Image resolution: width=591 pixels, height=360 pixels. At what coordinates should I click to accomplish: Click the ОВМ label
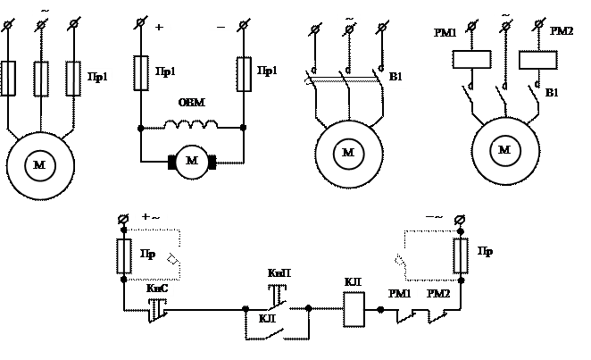(192, 105)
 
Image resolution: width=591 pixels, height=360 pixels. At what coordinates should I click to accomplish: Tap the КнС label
(158, 288)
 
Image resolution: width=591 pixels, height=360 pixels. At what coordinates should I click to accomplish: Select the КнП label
(279, 272)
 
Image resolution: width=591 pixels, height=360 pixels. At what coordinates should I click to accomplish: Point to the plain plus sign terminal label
(159, 26)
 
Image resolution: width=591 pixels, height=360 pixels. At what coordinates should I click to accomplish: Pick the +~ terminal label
(151, 217)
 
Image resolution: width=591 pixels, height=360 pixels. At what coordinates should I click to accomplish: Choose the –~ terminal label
(434, 216)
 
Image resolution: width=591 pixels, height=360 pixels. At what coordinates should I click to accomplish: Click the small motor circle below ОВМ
(192, 162)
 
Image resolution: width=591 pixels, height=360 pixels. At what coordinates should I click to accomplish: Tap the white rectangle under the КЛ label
(354, 309)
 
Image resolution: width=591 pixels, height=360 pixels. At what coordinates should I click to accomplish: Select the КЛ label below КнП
(268, 318)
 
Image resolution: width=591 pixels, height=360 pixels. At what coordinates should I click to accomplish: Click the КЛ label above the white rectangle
(352, 282)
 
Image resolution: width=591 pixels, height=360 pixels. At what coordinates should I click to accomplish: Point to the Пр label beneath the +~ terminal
(148, 254)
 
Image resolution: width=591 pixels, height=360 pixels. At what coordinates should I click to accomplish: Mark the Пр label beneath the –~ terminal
(485, 251)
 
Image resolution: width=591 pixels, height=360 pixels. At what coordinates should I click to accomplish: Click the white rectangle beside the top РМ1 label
(471, 60)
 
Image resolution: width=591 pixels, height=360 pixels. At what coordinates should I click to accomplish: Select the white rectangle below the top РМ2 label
(537, 60)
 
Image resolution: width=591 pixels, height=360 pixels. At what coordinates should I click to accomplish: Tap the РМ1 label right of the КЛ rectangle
(401, 293)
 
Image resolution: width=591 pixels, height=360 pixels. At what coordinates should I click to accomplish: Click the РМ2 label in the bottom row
(439, 293)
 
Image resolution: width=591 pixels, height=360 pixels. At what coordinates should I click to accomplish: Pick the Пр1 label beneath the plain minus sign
(268, 72)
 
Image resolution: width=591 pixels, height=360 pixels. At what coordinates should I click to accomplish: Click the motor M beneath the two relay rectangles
(505, 150)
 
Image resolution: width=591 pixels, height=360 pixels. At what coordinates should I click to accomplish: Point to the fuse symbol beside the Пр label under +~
(123, 255)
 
